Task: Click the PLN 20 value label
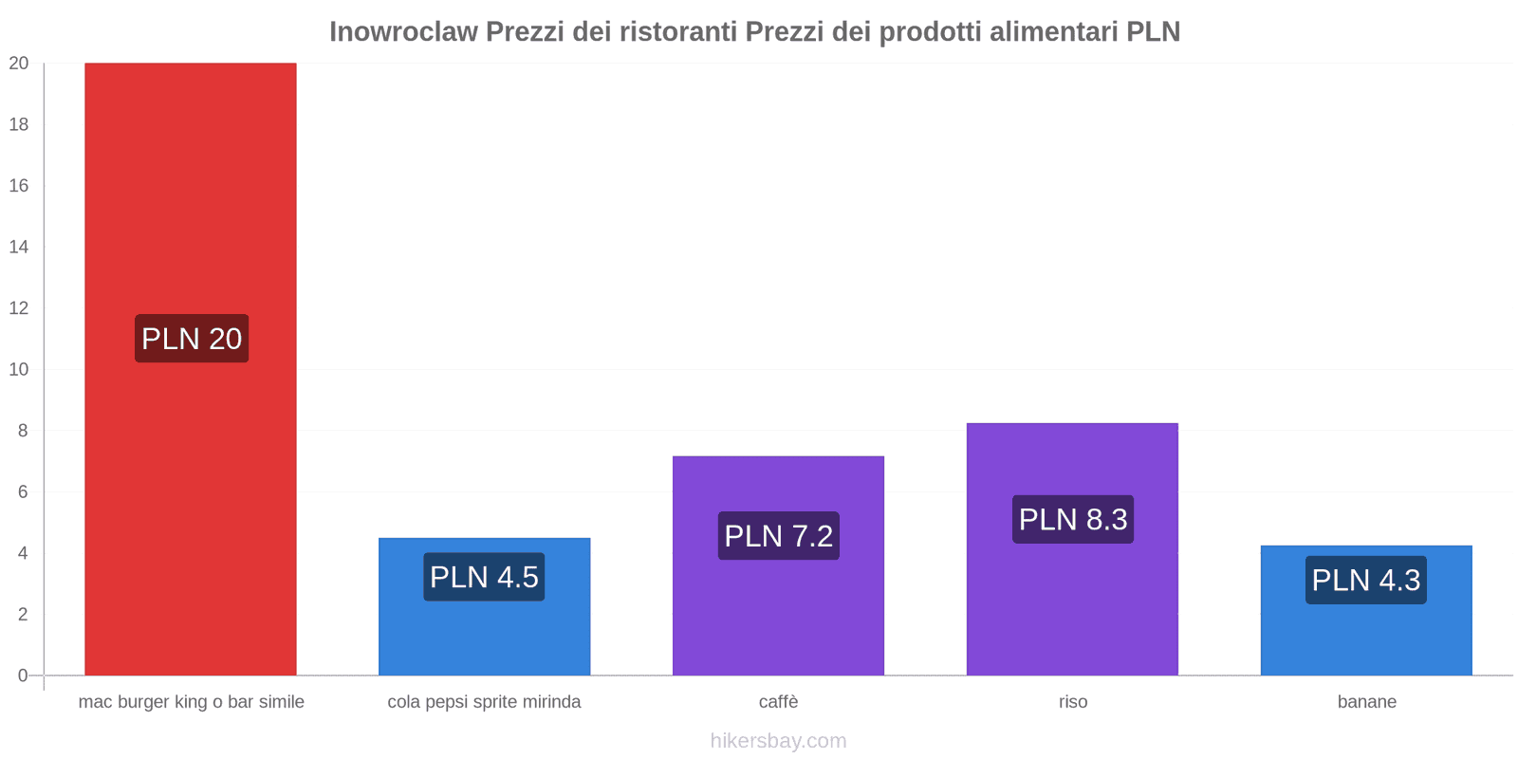coord(192,339)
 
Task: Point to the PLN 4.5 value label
coord(484,577)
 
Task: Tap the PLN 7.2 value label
coord(778,536)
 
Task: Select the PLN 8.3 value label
coord(1073,520)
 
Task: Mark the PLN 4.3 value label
coord(1366,580)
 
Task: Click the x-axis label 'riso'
coord(1073,702)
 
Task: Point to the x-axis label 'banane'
coord(1366,702)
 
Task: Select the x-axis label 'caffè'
coord(778,702)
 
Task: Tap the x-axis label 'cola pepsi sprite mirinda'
coord(484,702)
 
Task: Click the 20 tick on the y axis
coord(19,64)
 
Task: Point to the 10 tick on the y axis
coord(19,369)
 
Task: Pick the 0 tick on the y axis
coord(23,676)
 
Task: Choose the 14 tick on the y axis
coord(19,247)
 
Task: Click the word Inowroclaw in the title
coord(403,32)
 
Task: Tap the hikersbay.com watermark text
coord(778,741)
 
